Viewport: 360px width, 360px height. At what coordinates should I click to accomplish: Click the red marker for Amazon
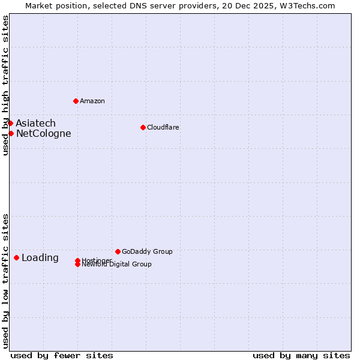click(76, 101)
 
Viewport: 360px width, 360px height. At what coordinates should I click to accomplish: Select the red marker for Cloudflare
click(143, 127)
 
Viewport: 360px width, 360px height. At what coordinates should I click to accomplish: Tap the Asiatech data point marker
click(10, 123)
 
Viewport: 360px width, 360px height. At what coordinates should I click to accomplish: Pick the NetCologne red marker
click(11, 133)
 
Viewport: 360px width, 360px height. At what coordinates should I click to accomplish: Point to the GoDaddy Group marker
click(118, 251)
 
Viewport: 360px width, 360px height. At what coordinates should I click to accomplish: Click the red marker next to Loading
click(16, 257)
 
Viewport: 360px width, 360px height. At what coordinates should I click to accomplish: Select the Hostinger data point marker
click(77, 260)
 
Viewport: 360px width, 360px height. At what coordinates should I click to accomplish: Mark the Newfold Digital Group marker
click(78, 264)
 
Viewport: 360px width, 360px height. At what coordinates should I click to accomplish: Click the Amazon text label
click(92, 101)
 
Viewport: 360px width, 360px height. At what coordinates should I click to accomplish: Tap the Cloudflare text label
click(163, 127)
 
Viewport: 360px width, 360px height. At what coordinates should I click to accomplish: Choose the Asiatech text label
click(36, 124)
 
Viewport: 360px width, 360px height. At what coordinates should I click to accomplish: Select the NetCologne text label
click(44, 134)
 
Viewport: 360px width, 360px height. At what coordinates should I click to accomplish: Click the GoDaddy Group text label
click(147, 251)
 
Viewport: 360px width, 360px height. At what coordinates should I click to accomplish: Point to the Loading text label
click(40, 258)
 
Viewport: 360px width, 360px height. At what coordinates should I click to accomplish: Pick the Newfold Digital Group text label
click(117, 265)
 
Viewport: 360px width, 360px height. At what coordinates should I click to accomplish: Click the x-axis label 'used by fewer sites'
click(62, 355)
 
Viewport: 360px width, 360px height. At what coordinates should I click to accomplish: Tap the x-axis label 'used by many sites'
click(301, 355)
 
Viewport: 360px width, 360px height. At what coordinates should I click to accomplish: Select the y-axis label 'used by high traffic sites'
click(5, 85)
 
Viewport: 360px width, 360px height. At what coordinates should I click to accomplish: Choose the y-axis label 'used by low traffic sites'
click(5, 281)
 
